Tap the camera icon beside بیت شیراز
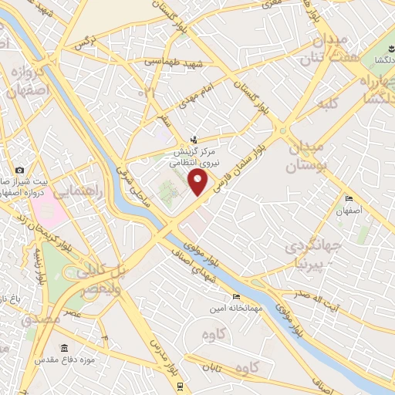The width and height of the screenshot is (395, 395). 19,170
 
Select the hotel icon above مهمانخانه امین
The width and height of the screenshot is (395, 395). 236,296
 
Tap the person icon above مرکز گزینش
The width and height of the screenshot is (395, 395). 194,140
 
